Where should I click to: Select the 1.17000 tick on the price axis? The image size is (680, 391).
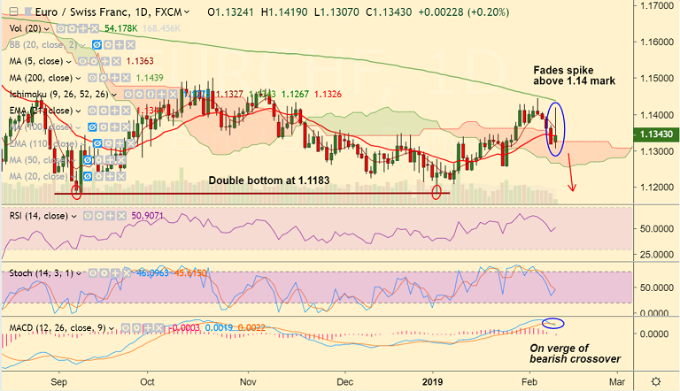coord(655,5)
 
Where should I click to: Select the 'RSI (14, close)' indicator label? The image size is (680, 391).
coord(39,215)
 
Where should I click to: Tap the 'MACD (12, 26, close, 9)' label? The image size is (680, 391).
coord(57,328)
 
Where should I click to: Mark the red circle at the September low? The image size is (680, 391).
coord(76,190)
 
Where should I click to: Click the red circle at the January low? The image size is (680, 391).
coord(436,191)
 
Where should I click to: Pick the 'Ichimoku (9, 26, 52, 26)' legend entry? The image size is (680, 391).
coord(58,93)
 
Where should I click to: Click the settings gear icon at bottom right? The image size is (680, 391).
coord(655,380)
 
